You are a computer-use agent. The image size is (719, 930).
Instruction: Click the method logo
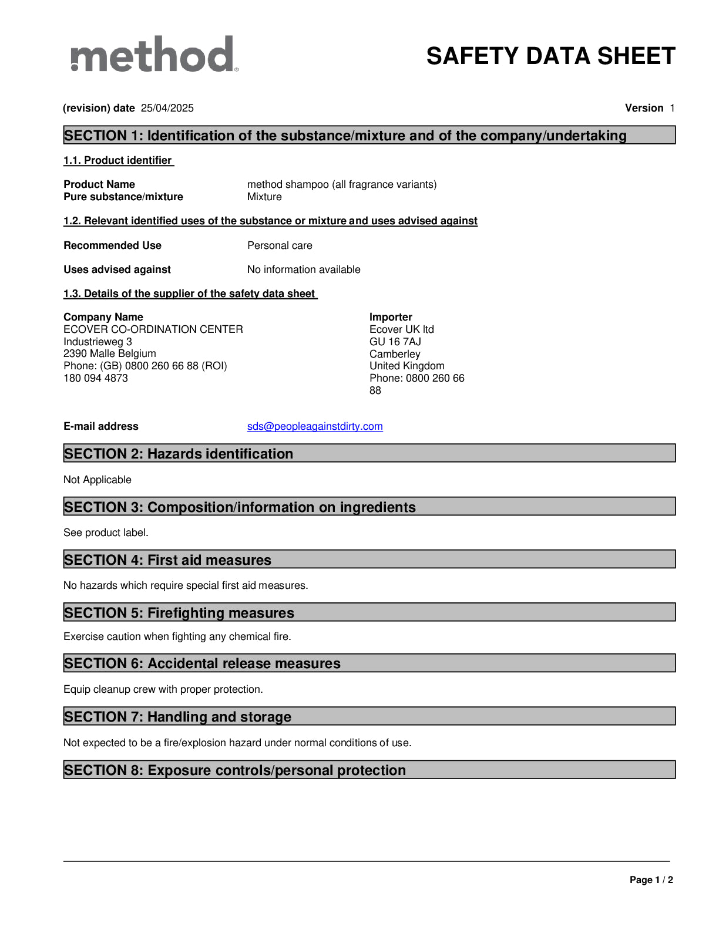(x=154, y=55)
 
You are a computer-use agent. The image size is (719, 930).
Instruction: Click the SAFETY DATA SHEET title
(x=550, y=56)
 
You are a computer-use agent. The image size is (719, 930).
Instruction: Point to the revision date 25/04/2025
(x=167, y=108)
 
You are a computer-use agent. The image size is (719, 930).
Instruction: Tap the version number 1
(x=672, y=108)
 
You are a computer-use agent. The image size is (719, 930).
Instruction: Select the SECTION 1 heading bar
(x=369, y=135)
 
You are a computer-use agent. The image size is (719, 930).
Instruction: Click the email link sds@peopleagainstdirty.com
(x=315, y=426)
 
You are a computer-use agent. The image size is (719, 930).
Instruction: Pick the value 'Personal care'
(x=280, y=245)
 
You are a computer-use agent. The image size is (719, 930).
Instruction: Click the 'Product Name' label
(x=99, y=184)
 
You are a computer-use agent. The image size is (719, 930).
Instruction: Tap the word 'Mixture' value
(x=264, y=197)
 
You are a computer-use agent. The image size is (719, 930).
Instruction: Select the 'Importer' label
(x=391, y=317)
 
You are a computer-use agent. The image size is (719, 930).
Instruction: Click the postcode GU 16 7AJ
(x=395, y=342)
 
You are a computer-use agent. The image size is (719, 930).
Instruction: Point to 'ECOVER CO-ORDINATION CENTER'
(x=153, y=329)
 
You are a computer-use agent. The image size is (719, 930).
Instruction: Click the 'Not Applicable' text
(x=98, y=480)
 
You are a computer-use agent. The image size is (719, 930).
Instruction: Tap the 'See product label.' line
(x=106, y=533)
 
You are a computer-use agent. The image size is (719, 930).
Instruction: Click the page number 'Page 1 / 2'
(x=651, y=880)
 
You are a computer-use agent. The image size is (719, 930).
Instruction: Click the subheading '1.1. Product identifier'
(x=118, y=160)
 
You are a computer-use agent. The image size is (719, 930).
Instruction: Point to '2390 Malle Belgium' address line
(x=110, y=353)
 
